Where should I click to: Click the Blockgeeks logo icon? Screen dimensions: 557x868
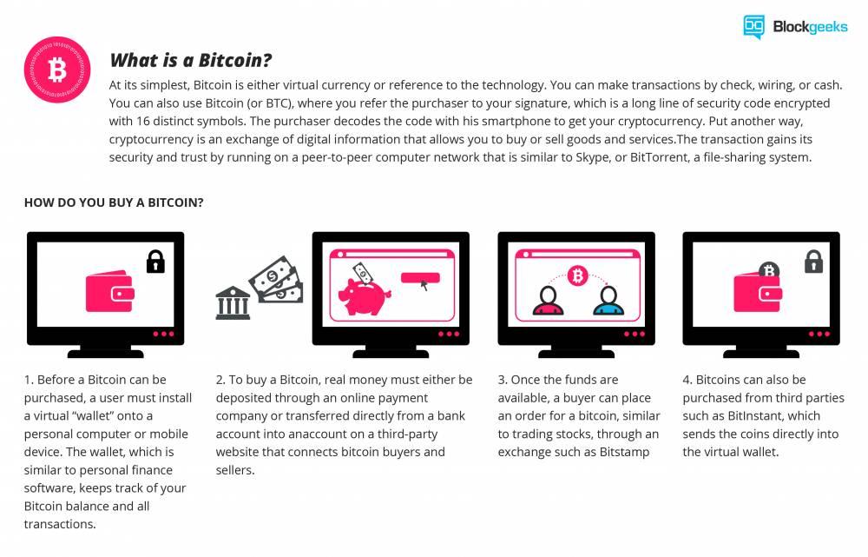753,27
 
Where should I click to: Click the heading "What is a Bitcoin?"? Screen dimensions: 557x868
190,61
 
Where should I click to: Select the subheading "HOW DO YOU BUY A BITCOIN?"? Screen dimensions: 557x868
114,202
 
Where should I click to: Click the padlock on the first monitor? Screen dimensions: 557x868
155,260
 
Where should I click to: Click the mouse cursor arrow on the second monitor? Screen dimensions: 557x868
424,285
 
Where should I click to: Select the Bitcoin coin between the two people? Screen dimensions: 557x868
576,276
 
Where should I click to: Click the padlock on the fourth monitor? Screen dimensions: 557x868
813,260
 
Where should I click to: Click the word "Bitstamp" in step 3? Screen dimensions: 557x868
625,452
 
